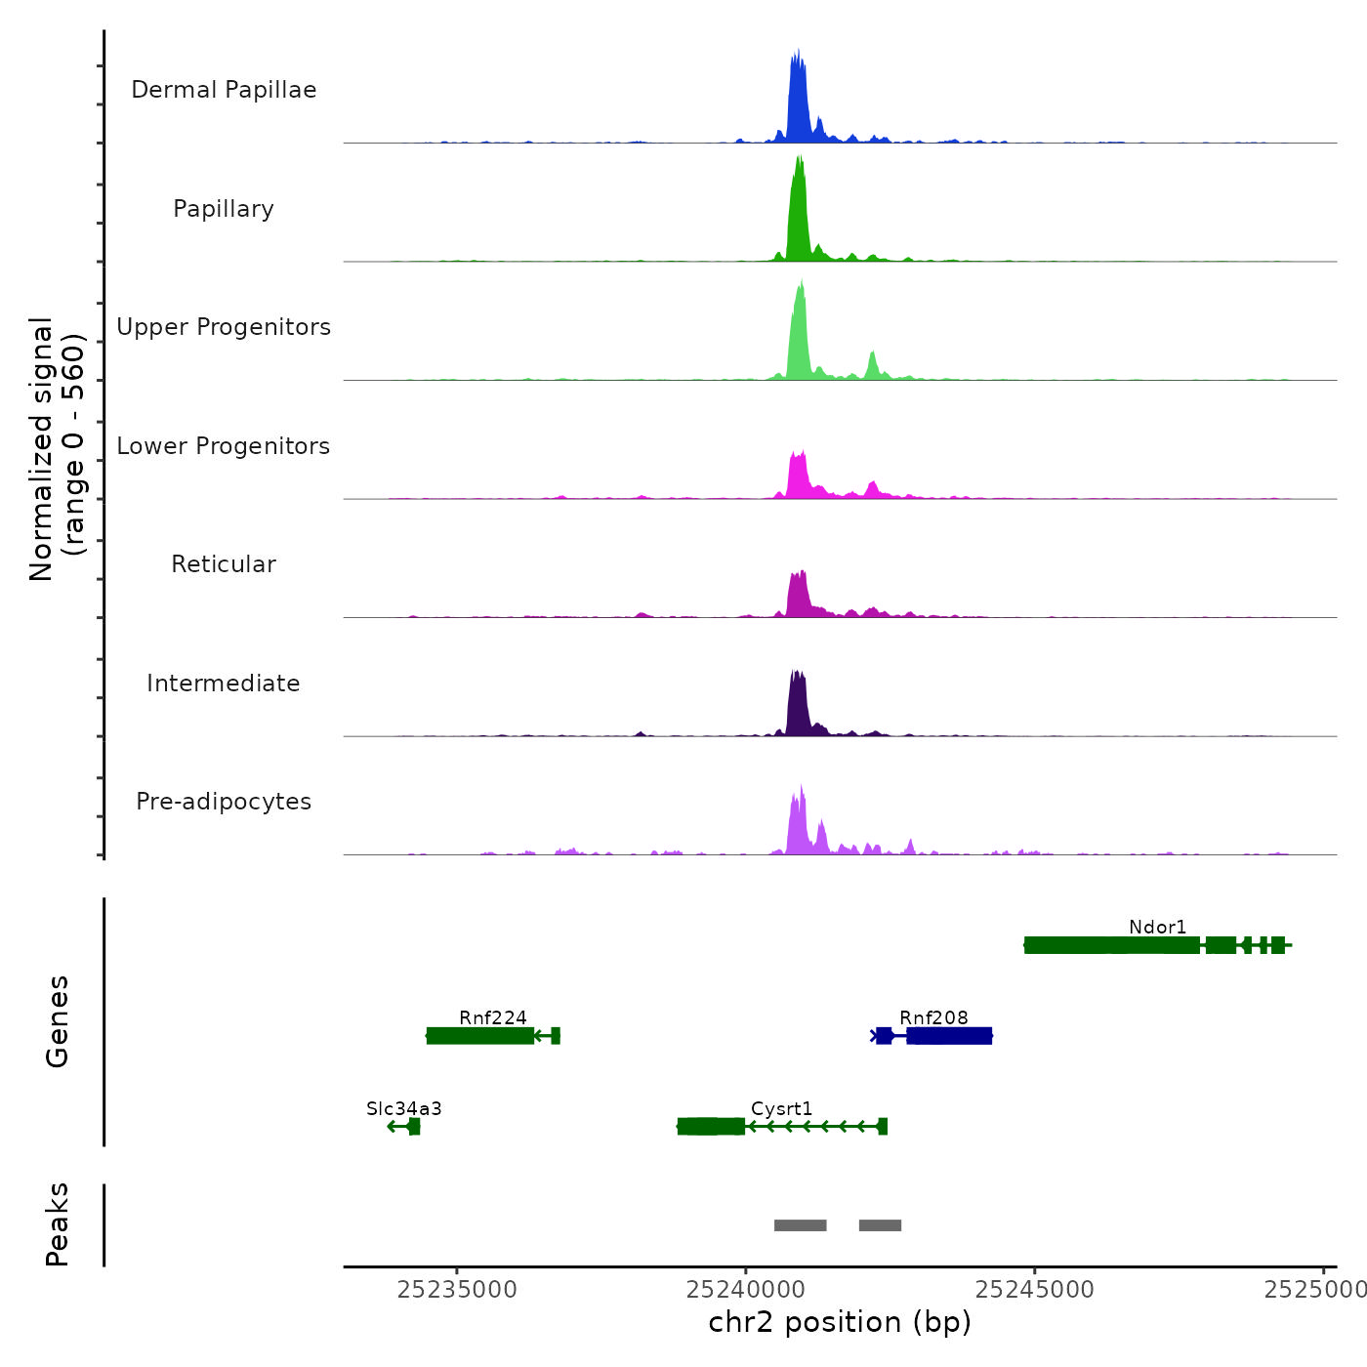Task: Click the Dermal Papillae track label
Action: [x=224, y=90]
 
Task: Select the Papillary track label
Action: [x=224, y=209]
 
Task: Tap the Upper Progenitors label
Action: [x=224, y=327]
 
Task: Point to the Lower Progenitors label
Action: [x=224, y=446]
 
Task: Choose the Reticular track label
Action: [x=224, y=564]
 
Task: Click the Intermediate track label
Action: [x=224, y=683]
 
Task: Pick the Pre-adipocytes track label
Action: [x=224, y=802]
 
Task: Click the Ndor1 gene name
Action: [x=1157, y=927]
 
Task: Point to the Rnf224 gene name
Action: [x=493, y=1017]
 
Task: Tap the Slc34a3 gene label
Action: [x=404, y=1108]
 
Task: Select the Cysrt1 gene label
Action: [x=781, y=1108]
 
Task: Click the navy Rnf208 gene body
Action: [x=948, y=1036]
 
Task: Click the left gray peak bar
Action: [x=801, y=1225]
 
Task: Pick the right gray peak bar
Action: [x=880, y=1225]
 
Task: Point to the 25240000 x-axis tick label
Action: [x=746, y=1290]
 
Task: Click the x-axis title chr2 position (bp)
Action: [x=840, y=1322]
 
